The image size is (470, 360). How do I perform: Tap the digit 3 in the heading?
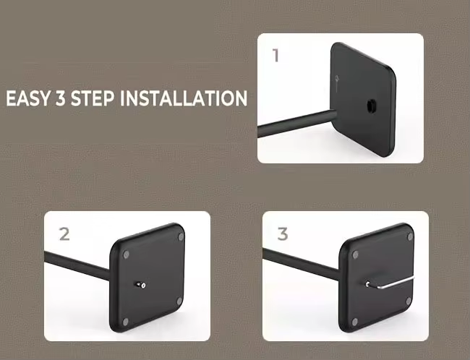[x=60, y=98]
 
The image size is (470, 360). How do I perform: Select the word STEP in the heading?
[x=93, y=98]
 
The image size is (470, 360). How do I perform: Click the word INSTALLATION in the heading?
[x=184, y=98]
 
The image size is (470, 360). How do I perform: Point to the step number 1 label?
[x=275, y=56]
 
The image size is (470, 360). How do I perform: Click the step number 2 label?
[x=64, y=234]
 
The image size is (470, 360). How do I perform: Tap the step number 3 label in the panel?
[x=282, y=234]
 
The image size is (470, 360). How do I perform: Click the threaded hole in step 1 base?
[x=371, y=106]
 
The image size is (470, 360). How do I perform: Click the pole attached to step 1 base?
[x=296, y=123]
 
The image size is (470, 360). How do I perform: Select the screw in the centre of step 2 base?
[x=141, y=285]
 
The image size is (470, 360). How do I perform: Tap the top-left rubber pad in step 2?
[x=127, y=255]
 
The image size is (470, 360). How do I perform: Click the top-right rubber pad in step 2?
[x=181, y=237]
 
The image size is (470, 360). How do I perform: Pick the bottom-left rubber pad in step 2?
[x=126, y=322]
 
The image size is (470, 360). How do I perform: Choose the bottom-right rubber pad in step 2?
[x=179, y=301]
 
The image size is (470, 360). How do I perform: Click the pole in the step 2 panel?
[x=77, y=265]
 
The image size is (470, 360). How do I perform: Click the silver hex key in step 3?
[x=390, y=283]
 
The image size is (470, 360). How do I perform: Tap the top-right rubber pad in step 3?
[x=410, y=237]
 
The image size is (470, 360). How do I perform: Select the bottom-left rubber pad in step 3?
[x=355, y=322]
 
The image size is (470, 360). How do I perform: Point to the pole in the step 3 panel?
[x=301, y=264]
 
